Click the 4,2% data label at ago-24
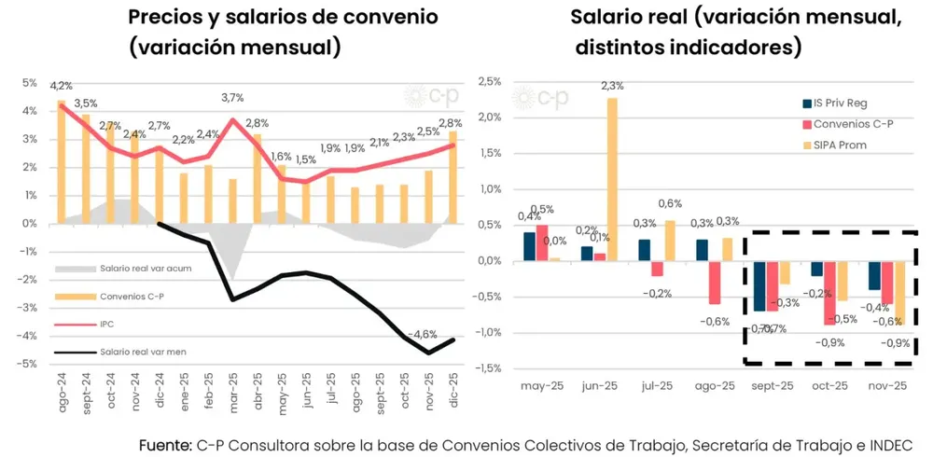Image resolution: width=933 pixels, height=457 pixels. coord(63,86)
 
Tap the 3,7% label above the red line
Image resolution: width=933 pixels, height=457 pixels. coord(232,97)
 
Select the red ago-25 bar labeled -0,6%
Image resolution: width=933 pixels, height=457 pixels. coord(714,282)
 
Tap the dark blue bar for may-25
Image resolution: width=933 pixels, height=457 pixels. coord(529,246)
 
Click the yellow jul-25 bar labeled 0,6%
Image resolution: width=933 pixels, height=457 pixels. coord(669,240)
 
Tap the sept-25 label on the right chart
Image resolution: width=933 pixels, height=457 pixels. coord(773,384)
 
